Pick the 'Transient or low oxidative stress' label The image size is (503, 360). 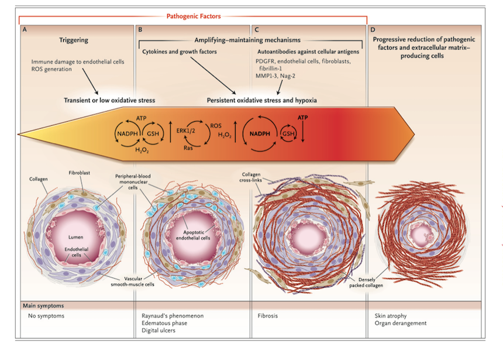coord(105,100)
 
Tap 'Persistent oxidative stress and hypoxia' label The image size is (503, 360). coord(261,100)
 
